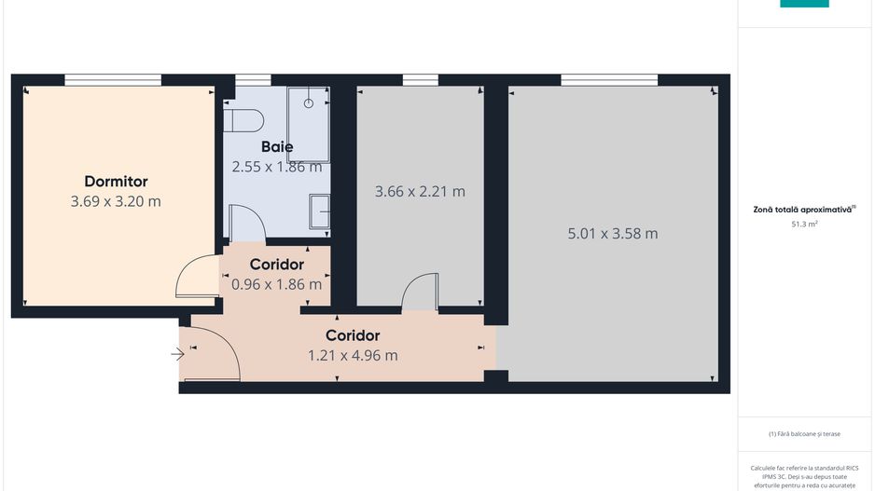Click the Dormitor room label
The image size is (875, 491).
click(116, 182)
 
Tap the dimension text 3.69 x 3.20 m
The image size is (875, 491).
click(116, 201)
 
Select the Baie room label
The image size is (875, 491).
click(277, 146)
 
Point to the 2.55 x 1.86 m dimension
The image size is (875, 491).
click(277, 167)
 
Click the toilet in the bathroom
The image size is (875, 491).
click(244, 119)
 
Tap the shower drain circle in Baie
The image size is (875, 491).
click(309, 102)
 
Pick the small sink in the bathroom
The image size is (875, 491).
click(320, 210)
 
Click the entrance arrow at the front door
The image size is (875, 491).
click(177, 353)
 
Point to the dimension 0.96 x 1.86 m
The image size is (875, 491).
click(277, 284)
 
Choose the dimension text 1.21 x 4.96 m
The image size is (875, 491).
click(353, 355)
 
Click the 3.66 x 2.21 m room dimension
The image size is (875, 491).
click(420, 192)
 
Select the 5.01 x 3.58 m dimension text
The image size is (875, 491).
click(613, 233)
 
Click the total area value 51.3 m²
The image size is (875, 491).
click(804, 224)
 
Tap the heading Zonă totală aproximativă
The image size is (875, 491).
click(804, 210)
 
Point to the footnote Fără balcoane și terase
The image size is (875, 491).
click(804, 433)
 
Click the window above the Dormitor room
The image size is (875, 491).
click(113, 80)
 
